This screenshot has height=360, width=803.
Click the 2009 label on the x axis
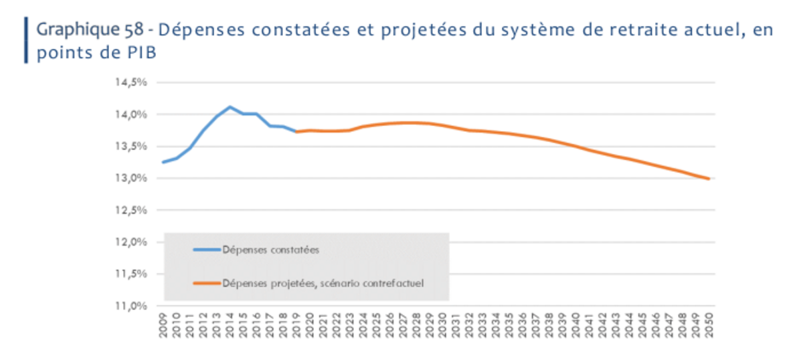tap(163, 326)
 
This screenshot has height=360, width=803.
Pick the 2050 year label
tap(709, 326)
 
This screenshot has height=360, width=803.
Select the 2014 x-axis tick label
tap(230, 326)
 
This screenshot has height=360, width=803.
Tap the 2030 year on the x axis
tap(442, 326)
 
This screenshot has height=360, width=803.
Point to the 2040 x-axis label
tap(575, 326)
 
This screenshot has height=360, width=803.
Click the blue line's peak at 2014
tap(230, 107)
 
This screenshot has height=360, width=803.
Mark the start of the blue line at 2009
tap(163, 162)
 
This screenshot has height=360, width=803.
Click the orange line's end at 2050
tap(709, 179)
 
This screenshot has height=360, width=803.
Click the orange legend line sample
tap(206, 283)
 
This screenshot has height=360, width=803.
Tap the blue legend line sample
tap(206, 250)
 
